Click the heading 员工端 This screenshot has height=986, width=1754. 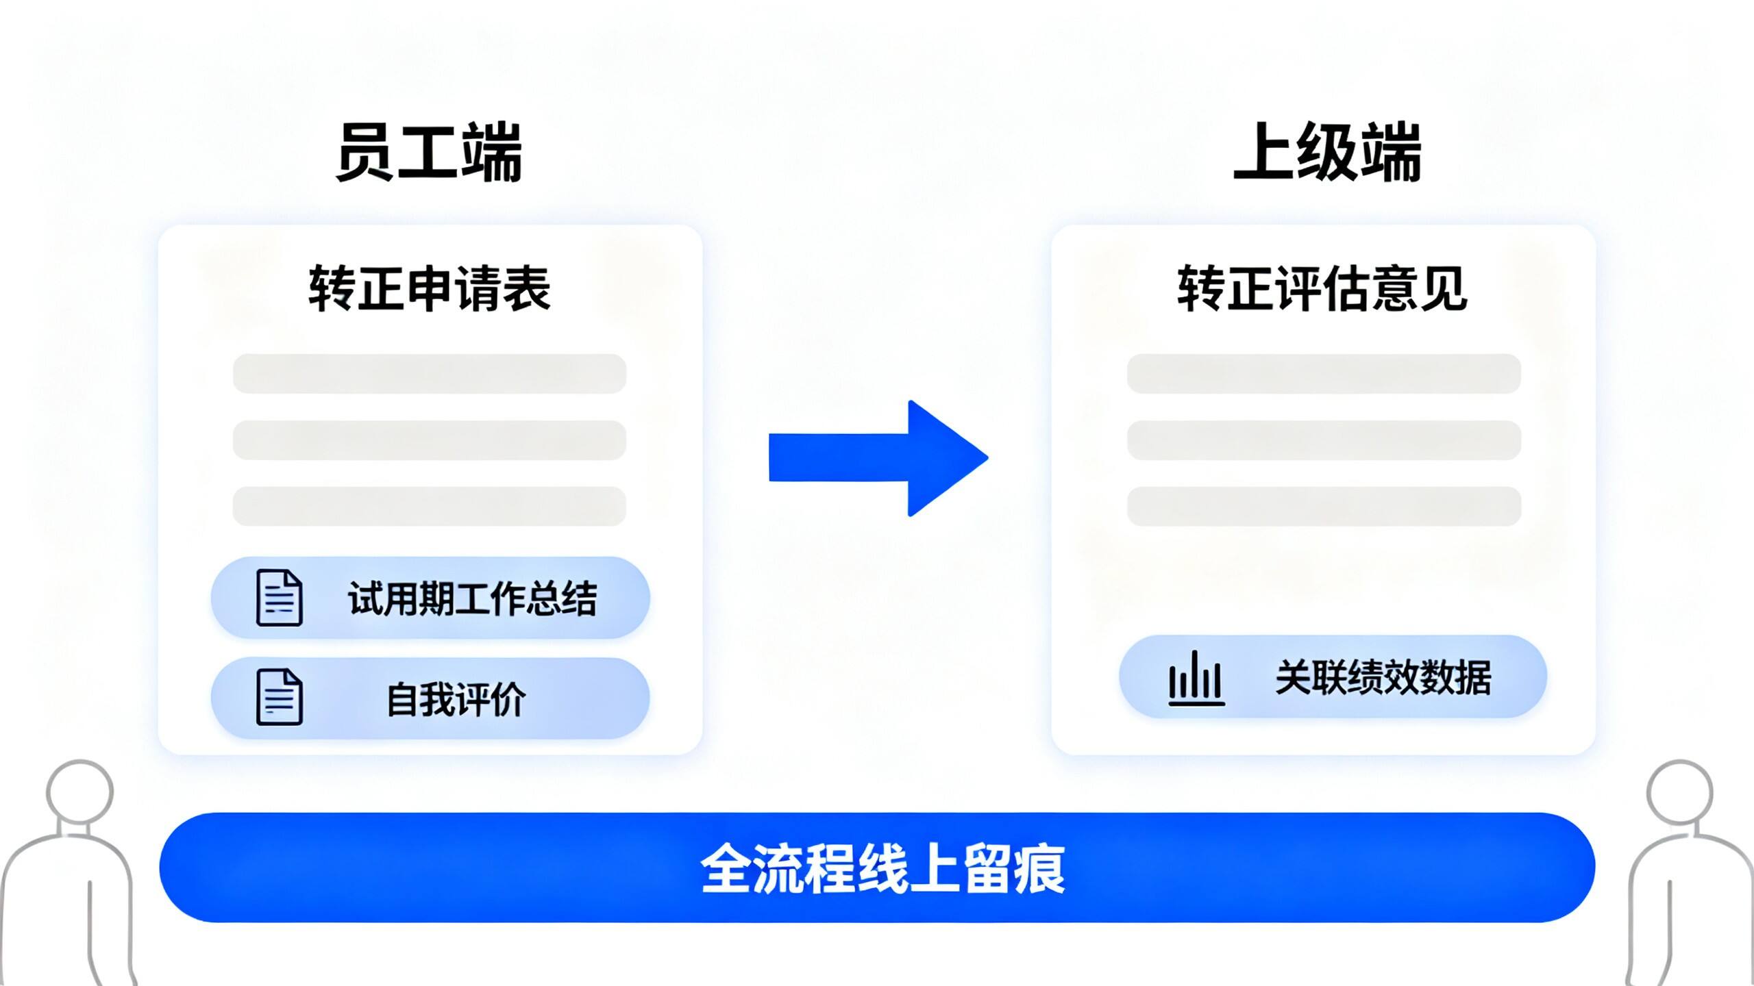(429, 152)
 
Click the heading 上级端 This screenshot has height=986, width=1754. (1327, 152)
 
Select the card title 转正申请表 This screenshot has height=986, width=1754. (430, 289)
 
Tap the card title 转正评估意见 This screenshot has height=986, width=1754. (1322, 289)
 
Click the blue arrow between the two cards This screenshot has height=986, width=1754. (878, 458)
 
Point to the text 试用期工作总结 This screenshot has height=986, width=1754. (473, 598)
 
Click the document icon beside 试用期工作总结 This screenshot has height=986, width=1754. (279, 598)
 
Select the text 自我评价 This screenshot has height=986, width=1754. (456, 699)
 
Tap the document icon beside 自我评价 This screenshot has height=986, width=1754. (279, 696)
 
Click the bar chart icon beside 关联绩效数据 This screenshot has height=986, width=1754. (1196, 678)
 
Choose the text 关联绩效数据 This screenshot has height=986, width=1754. (1383, 678)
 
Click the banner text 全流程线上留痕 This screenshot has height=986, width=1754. (883, 868)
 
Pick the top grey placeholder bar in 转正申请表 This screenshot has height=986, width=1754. (430, 374)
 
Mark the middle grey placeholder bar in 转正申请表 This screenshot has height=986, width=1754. (430, 440)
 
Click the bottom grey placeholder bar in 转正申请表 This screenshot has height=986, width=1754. (430, 506)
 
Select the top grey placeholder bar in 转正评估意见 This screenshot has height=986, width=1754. (1324, 374)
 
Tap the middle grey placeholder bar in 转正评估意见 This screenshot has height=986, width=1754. (1324, 440)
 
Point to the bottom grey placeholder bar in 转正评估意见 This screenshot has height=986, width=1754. (1324, 506)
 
